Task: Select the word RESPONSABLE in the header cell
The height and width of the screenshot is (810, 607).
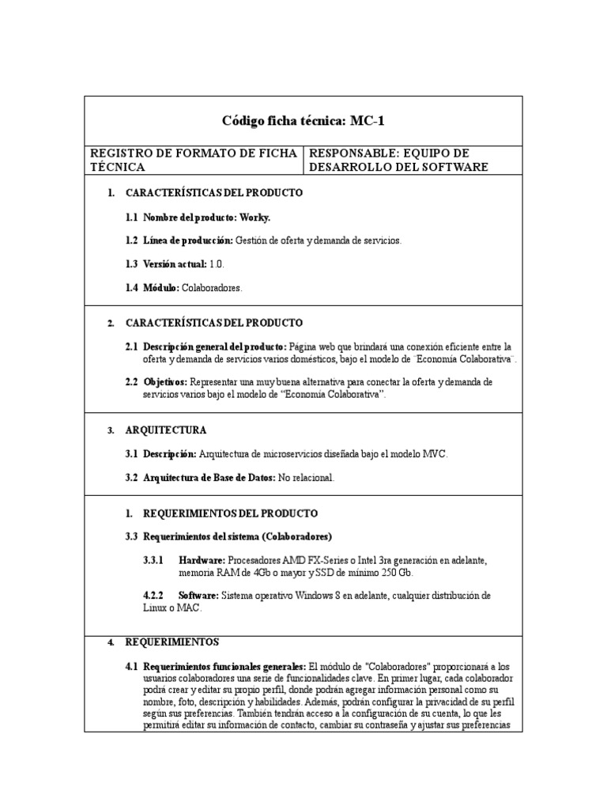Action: coord(345,153)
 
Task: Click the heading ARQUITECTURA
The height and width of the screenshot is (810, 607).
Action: coord(166,430)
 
